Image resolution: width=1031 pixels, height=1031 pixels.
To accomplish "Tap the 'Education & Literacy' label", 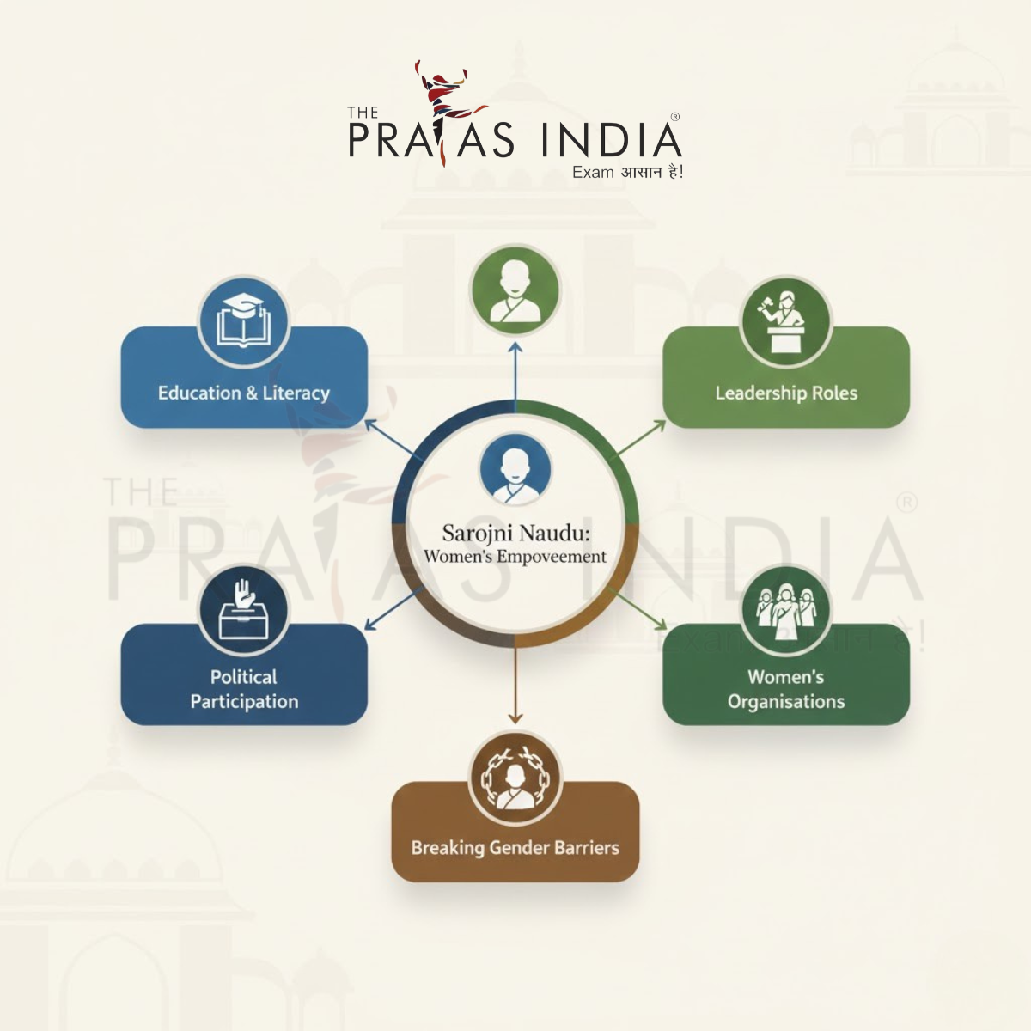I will click(x=244, y=393).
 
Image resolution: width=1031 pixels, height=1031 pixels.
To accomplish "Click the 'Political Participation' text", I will click(x=244, y=689).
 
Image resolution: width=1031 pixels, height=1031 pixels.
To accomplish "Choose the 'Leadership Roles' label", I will click(x=786, y=393).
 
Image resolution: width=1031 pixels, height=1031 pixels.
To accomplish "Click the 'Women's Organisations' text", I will click(x=786, y=689).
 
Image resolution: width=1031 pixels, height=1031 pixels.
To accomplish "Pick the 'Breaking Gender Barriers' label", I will click(x=515, y=848).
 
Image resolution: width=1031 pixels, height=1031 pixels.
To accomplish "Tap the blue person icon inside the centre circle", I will click(x=515, y=470).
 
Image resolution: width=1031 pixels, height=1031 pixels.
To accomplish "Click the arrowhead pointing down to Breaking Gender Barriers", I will click(x=515, y=717).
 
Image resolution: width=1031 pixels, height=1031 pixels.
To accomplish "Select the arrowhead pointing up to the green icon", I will click(x=515, y=347).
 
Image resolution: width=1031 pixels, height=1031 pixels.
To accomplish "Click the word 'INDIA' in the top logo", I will click(x=611, y=140).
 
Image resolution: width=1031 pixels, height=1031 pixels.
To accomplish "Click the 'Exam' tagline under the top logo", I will click(x=593, y=173).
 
